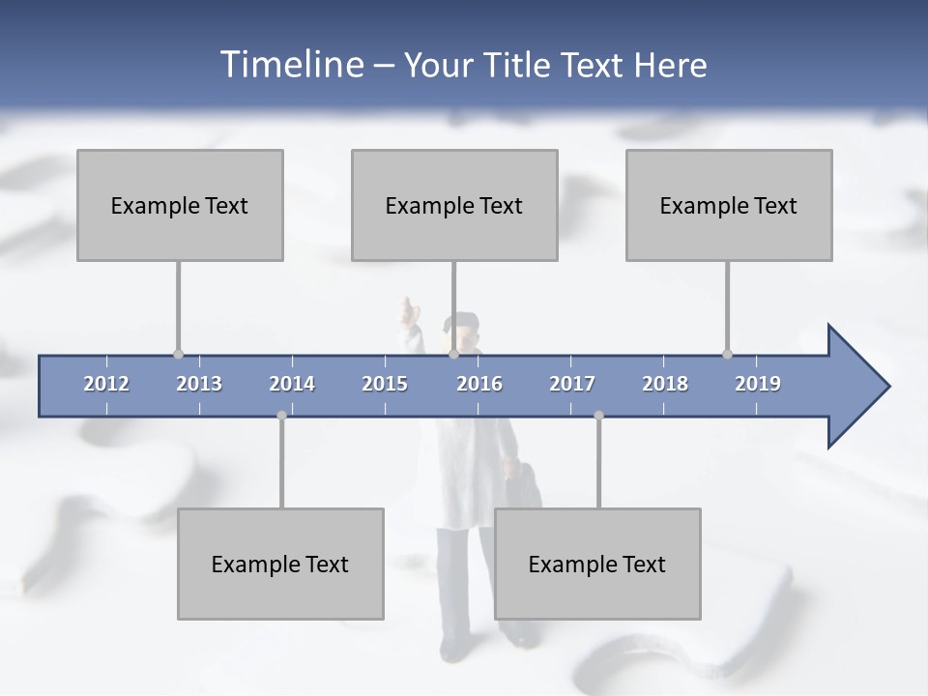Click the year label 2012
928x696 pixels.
[x=106, y=384]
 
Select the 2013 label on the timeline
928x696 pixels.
[x=199, y=384]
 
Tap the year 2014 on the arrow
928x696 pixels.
[x=292, y=384]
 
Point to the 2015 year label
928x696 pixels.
[x=385, y=384]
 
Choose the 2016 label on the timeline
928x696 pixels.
[x=479, y=384]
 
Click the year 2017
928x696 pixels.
[x=572, y=384]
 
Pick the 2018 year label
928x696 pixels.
[x=665, y=384]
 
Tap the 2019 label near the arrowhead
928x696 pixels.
[x=758, y=384]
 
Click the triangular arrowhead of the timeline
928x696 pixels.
[x=856, y=387]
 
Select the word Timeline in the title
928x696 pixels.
[x=289, y=65]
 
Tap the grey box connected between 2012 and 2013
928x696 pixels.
[x=180, y=205]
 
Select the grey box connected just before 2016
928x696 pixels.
[x=454, y=205]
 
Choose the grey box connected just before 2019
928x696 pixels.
[x=729, y=205]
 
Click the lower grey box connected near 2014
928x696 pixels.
[x=280, y=564]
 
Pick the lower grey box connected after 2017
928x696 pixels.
[x=597, y=564]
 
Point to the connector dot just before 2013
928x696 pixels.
[x=178, y=354]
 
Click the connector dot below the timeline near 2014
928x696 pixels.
[x=281, y=416]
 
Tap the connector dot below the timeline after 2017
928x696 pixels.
[x=598, y=416]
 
